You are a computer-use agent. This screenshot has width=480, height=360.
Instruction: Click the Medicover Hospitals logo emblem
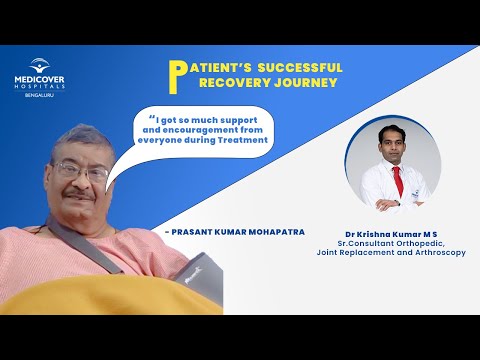pyautogui.click(x=38, y=65)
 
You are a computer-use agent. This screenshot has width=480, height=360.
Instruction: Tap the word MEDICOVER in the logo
pyautogui.click(x=38, y=79)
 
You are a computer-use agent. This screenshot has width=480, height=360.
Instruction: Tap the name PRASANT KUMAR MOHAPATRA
pyautogui.click(x=234, y=231)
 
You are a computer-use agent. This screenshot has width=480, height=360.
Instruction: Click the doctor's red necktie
pyautogui.click(x=398, y=181)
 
